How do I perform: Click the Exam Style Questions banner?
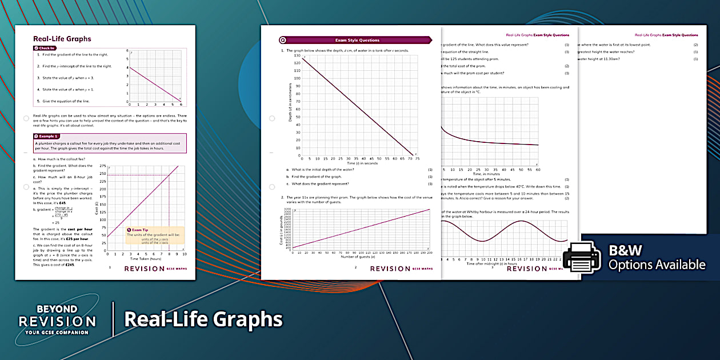pyautogui.click(x=357, y=40)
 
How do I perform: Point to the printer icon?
pyautogui.click(x=582, y=258)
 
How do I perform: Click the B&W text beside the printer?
pyautogui.click(x=625, y=250)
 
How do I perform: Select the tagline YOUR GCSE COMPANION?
pyautogui.click(x=57, y=332)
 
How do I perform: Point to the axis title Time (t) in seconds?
pyautogui.click(x=362, y=163)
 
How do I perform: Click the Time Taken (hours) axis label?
pyautogui.click(x=147, y=259)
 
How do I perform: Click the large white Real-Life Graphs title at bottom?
pyautogui.click(x=203, y=319)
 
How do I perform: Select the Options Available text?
pyautogui.click(x=657, y=265)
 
